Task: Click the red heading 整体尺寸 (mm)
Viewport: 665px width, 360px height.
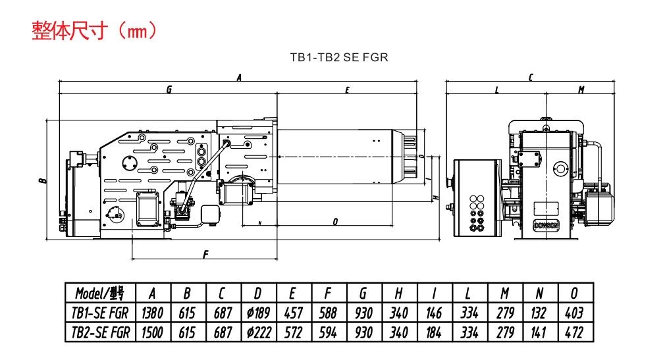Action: tap(93, 31)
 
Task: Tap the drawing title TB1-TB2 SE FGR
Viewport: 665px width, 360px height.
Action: tap(339, 57)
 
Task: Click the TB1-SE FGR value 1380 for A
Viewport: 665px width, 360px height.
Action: tap(151, 313)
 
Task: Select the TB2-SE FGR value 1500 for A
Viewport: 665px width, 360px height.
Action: tap(151, 332)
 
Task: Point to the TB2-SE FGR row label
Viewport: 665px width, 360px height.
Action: tap(100, 332)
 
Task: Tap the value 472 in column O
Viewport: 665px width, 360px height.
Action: tap(574, 332)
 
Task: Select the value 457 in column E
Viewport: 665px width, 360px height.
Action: tap(292, 313)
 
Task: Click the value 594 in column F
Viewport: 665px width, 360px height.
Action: tap(327, 332)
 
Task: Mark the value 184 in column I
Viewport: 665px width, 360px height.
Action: tap(433, 332)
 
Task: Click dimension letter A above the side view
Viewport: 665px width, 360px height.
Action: tap(239, 77)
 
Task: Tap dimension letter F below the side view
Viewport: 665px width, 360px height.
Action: tap(205, 255)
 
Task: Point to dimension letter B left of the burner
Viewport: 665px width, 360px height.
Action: tap(41, 180)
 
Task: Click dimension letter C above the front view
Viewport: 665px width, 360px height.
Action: tap(531, 77)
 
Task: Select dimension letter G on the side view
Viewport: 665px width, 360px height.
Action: tap(169, 90)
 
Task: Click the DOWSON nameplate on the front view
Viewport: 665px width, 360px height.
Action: tap(544, 225)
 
